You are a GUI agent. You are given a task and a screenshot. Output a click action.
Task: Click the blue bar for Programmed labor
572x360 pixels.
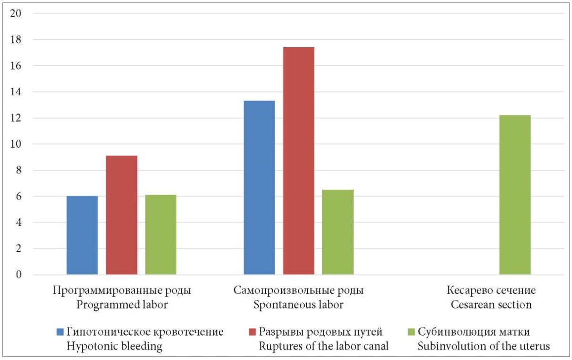coord(82,235)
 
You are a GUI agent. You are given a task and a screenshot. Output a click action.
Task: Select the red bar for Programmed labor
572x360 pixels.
coord(122,215)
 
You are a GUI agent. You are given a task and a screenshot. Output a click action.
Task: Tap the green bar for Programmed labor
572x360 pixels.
coord(161,235)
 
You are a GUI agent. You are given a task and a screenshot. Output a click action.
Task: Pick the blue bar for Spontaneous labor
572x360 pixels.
coord(259,187)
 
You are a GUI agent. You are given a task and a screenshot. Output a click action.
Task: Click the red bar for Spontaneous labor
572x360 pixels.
coord(298,161)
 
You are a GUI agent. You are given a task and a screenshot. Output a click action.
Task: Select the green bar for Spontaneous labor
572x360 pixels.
coord(337,232)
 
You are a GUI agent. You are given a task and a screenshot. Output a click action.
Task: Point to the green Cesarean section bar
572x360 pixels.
coord(515,195)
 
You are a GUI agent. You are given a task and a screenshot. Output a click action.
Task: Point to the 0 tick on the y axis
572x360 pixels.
coord(19,275)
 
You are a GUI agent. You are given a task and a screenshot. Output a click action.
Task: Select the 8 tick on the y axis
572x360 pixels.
coord(19,170)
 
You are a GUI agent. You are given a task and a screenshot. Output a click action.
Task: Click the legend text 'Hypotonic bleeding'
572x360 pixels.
coord(114,346)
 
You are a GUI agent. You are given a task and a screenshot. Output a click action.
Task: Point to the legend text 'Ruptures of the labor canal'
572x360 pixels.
coord(324,346)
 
